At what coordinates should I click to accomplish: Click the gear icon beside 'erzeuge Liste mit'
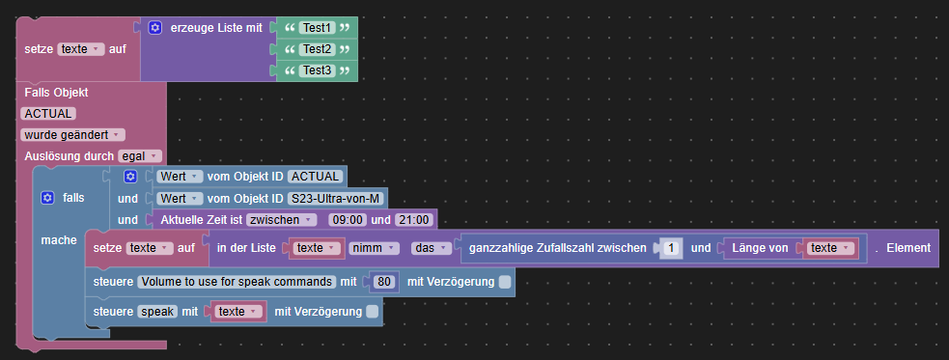(155, 28)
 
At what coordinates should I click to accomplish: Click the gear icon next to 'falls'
(46, 197)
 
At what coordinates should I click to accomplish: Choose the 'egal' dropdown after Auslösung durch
(139, 155)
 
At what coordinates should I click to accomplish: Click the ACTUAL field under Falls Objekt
(48, 113)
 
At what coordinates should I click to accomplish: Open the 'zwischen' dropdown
(281, 219)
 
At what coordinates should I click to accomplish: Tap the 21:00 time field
(412, 219)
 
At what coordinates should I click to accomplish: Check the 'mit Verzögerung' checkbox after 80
(505, 282)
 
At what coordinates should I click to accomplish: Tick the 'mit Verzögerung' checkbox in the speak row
(373, 311)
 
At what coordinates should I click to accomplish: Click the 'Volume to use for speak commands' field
(235, 282)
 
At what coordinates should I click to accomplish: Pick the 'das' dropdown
(430, 248)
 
